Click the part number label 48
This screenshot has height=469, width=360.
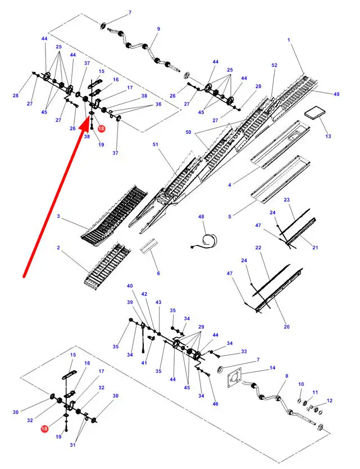pyautogui.click(x=201, y=217)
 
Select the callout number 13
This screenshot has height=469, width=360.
pyautogui.click(x=328, y=136)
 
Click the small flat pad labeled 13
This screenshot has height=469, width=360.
pyautogui.click(x=315, y=114)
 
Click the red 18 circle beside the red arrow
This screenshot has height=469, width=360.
pyautogui.click(x=101, y=129)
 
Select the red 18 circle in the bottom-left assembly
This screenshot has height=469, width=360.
pyautogui.click(x=44, y=429)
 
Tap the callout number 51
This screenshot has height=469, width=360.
pyautogui.click(x=156, y=144)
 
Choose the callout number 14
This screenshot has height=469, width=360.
pyautogui.click(x=272, y=367)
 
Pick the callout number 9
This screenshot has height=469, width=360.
pyautogui.click(x=158, y=29)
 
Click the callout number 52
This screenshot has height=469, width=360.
pyautogui.click(x=274, y=65)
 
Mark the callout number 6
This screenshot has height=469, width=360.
pyautogui.click(x=158, y=273)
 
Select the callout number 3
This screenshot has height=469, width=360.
pyautogui.click(x=58, y=216)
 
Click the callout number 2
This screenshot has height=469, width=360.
pyautogui.click(x=58, y=248)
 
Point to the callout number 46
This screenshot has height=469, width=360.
pyautogui.click(x=215, y=404)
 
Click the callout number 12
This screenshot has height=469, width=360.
pyautogui.click(x=330, y=400)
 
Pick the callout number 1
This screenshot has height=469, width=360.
pyautogui.click(x=289, y=40)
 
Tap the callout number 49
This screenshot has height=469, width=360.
pyautogui.click(x=336, y=94)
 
